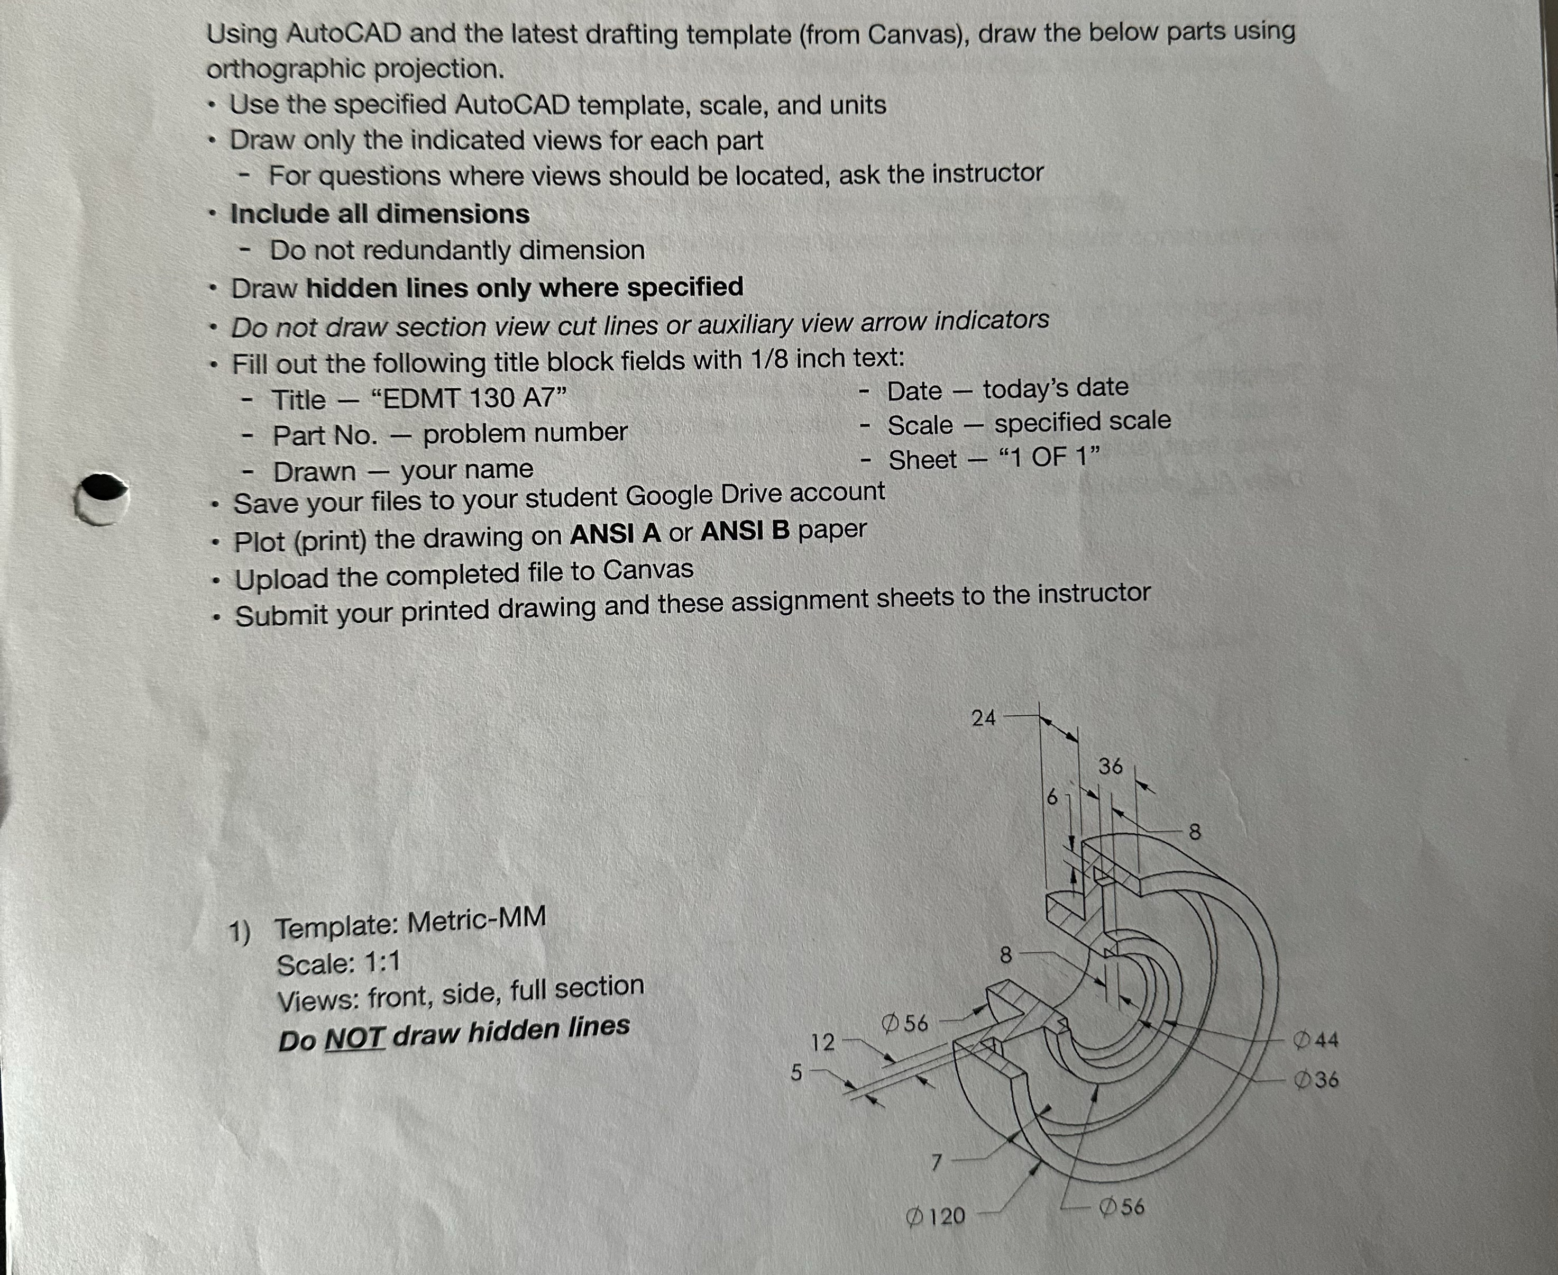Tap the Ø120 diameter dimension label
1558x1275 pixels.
(936, 1216)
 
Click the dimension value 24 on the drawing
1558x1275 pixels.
(983, 717)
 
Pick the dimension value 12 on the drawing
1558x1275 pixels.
(822, 1042)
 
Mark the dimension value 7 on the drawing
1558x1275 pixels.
(936, 1162)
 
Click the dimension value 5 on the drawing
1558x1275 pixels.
(796, 1072)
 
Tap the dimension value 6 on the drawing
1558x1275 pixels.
(1051, 797)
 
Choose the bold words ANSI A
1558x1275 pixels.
(615, 534)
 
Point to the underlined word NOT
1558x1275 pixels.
(355, 1038)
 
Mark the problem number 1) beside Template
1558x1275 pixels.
(240, 931)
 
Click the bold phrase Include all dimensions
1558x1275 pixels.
(380, 214)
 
